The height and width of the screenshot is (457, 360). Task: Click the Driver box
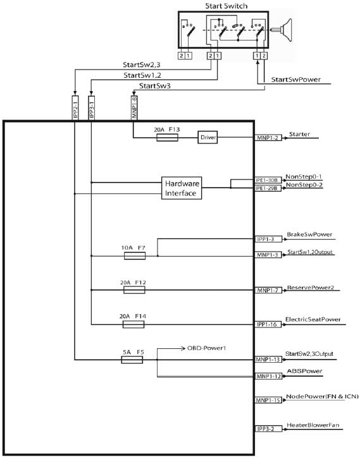coord(208,137)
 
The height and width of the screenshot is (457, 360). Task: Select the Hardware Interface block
coord(182,188)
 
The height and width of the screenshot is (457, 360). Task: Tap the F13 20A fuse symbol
coord(167,138)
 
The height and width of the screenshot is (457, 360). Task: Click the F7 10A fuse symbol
coord(135,256)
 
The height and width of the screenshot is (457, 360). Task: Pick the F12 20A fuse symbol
coord(134,290)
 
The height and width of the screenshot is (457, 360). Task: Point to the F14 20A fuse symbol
coord(133,324)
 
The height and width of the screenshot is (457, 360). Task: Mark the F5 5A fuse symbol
coord(132,360)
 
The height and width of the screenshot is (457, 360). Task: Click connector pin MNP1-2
coord(268,138)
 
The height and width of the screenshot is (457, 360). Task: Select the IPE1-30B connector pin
coord(268,180)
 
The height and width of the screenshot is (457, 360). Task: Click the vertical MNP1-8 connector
coord(134,108)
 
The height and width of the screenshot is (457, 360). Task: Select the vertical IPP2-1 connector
coord(75,108)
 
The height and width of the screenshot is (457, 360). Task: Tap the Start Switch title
coord(226,6)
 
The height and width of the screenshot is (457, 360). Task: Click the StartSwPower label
coord(296,80)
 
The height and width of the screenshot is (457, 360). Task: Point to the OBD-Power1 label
coord(206,348)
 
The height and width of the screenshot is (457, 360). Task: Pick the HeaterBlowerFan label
coord(313,425)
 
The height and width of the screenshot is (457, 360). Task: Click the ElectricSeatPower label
coord(313,319)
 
